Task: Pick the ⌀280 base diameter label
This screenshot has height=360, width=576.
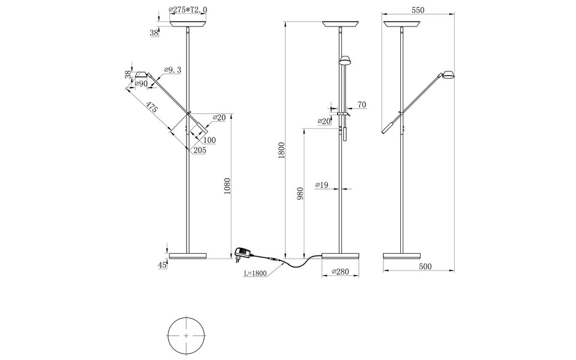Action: (341, 272)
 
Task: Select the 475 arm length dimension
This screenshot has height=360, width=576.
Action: (151, 108)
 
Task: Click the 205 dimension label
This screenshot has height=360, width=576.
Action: (200, 151)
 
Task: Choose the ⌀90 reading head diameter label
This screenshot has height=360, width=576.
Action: (142, 83)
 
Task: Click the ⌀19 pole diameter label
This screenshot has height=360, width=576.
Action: (322, 185)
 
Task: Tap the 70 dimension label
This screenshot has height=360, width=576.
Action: (361, 105)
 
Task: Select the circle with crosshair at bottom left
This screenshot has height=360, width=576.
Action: (186, 334)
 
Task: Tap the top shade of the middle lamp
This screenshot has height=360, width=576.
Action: (341, 25)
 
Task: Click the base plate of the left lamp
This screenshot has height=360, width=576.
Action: (188, 256)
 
